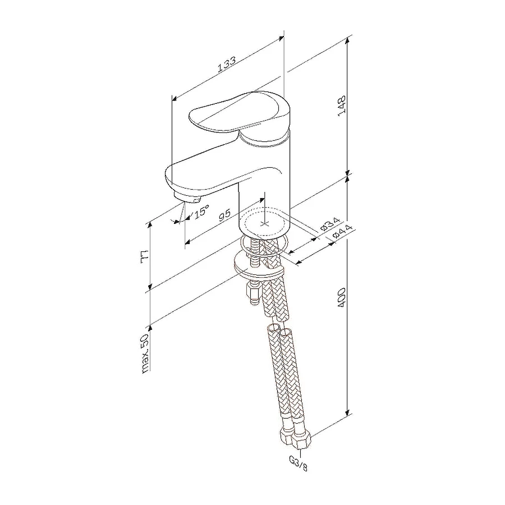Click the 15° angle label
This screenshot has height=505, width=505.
(201, 212)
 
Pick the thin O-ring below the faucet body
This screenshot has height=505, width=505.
(264, 245)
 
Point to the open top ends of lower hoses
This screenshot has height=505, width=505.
(279, 330)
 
